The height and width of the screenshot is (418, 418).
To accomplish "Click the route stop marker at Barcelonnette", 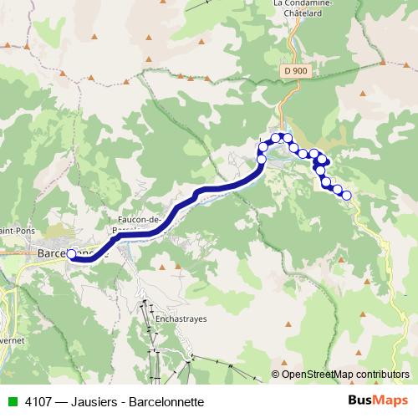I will pyautogui.click(x=71, y=254).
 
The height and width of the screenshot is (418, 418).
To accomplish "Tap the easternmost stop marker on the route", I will pyautogui.click(x=347, y=196).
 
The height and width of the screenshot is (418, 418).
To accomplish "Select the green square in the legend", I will pyautogui.click(x=12, y=401).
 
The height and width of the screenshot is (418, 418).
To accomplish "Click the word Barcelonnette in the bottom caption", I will pyautogui.click(x=166, y=401).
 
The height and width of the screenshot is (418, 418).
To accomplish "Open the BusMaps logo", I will pyautogui.click(x=377, y=400).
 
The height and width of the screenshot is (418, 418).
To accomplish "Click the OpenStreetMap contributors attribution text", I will pyautogui.click(x=346, y=375).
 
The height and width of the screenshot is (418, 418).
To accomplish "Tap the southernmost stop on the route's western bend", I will pyautogui.click(x=261, y=159).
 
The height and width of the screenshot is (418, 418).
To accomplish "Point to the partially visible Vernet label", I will pyautogui.click(x=11, y=341).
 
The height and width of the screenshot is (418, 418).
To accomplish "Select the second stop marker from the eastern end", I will pyautogui.click(x=338, y=190).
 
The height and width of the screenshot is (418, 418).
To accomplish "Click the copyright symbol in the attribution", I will pyautogui.click(x=276, y=375).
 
